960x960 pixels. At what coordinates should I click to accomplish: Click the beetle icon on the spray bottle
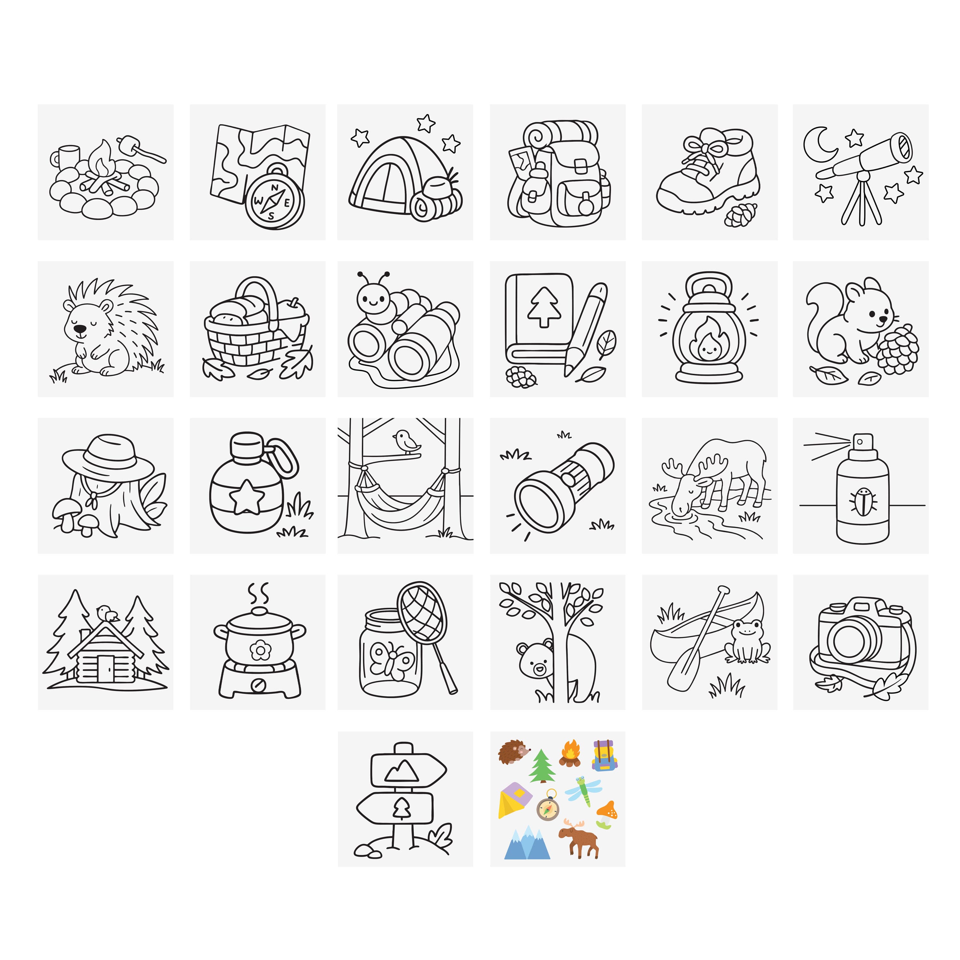click(x=863, y=501)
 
